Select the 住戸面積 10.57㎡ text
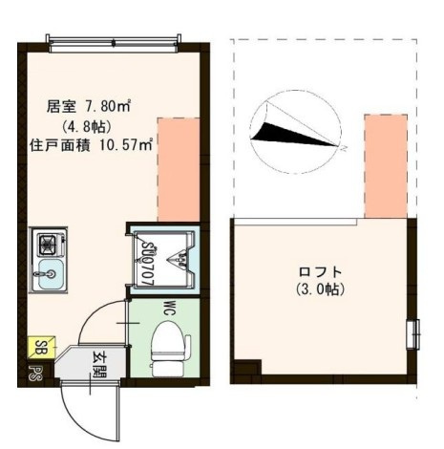coord(91,146)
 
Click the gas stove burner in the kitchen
coord(45,244)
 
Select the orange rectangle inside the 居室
coord(179,168)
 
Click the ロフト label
coord(320,270)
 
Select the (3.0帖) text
coord(320,289)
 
